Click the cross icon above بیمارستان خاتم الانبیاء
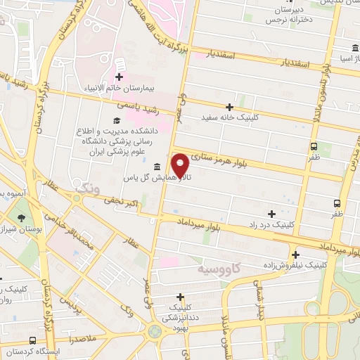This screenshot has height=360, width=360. click(119, 77)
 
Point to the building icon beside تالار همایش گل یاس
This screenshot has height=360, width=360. click(155, 167)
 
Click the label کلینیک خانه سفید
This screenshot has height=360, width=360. click(230, 117)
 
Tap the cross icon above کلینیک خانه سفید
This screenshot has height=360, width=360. click(229, 106)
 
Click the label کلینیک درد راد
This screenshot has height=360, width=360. click(271, 225)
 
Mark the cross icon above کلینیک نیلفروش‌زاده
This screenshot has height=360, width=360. click(295, 255)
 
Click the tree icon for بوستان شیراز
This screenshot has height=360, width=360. click(20, 217)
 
